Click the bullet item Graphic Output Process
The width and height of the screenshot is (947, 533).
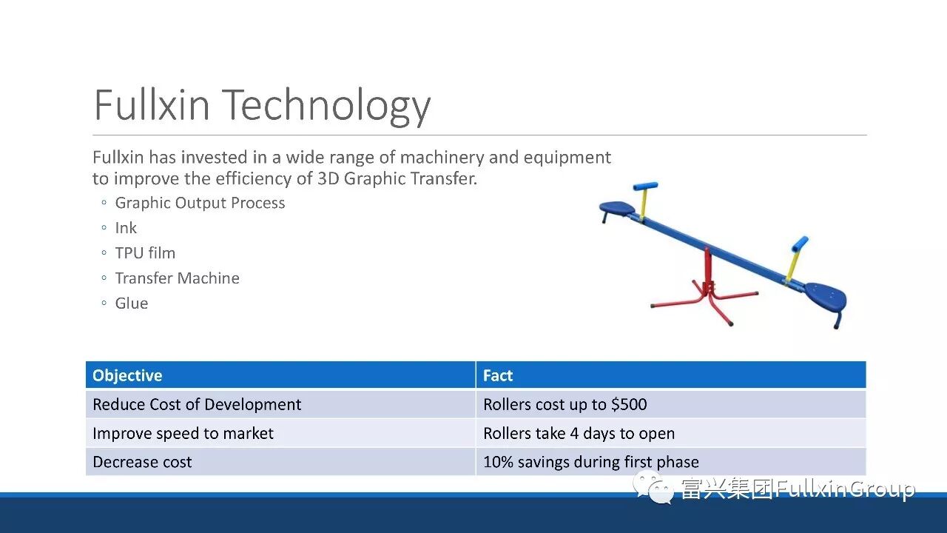[x=200, y=203]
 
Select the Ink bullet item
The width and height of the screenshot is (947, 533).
[x=126, y=228]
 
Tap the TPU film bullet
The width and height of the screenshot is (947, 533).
[x=145, y=253]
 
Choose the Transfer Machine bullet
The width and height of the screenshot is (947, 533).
[x=177, y=278]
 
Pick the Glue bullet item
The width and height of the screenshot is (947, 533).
[x=132, y=304]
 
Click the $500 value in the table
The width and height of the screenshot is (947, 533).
[x=629, y=404]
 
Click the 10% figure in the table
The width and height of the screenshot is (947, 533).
[x=498, y=462]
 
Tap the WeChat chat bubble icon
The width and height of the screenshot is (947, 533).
[x=653, y=487]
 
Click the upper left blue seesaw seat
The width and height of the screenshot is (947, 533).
[x=617, y=208]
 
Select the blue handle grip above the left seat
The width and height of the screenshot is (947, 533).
[x=645, y=186]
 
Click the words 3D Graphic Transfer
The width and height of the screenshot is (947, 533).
[x=397, y=178]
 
